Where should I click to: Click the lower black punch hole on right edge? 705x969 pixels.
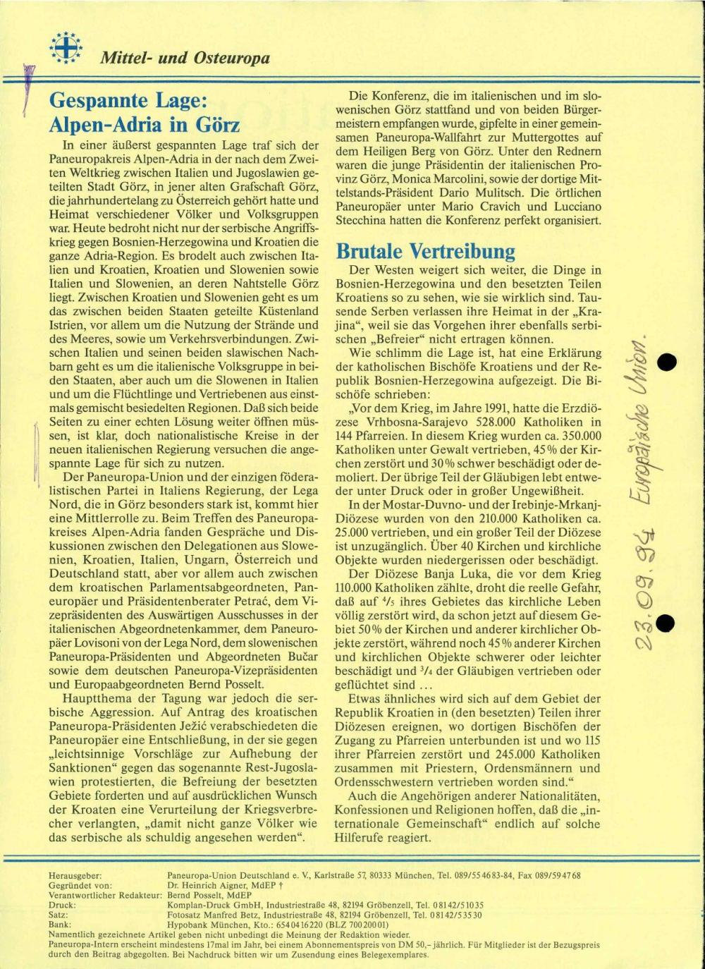664,621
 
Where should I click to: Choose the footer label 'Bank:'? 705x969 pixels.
59,924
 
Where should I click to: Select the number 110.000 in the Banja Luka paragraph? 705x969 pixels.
362,587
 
